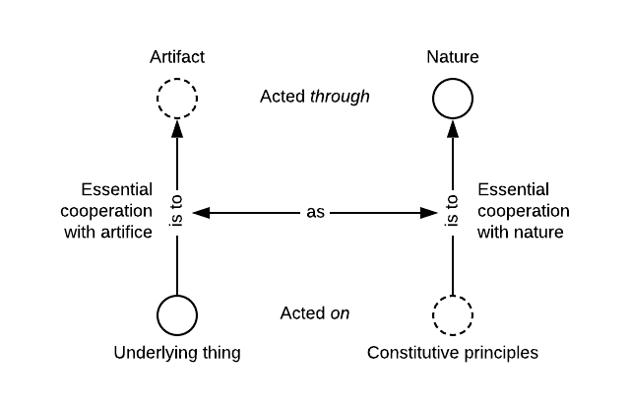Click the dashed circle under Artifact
point(177,99)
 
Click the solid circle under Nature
point(453,99)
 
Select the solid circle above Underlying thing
point(177,315)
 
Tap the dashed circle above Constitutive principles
point(453,315)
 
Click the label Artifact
point(177,57)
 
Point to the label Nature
point(453,57)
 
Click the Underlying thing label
point(177,353)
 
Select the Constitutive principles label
point(453,353)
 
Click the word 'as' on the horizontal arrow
point(315,212)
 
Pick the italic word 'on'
point(340,314)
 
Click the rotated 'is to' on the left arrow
point(177,211)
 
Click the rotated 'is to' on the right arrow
point(453,211)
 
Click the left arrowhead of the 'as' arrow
point(199,212)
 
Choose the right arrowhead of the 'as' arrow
point(431,212)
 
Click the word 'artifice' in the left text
point(126,233)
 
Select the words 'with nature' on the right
point(521,233)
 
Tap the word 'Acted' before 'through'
point(282,97)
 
